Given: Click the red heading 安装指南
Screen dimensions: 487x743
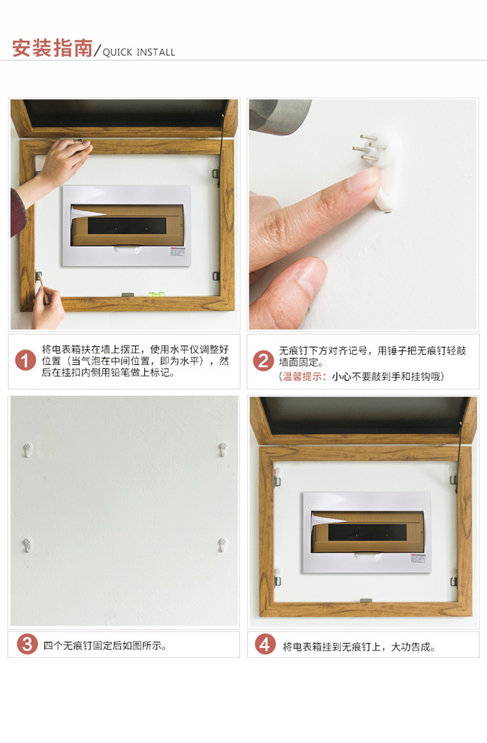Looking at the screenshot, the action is pos(52,48).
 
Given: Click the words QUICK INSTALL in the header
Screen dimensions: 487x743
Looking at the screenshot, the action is pos(139,52).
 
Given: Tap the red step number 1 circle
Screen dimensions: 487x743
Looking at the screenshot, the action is pos(25,361).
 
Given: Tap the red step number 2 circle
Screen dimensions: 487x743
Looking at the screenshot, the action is pos(263,361).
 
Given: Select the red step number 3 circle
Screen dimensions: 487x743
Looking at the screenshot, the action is pos(27,644).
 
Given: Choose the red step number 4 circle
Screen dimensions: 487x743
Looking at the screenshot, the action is pos(265,644).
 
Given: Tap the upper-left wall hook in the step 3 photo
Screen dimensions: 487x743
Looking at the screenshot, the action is pos(28,450).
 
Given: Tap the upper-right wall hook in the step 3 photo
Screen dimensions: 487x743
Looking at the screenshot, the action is pos(223,449).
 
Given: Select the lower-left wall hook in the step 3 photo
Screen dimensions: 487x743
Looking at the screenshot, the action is pos(27,545).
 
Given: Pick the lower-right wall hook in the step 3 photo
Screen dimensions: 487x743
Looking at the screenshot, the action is pos(222,545).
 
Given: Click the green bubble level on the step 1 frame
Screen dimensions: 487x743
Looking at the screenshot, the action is pos(154,294).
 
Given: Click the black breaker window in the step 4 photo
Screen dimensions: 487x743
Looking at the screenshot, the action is pos(368,532).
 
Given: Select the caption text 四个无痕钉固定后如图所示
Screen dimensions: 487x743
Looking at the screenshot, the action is pos(105,645).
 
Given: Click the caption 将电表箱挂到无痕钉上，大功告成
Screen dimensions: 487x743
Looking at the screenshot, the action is pos(358,647).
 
